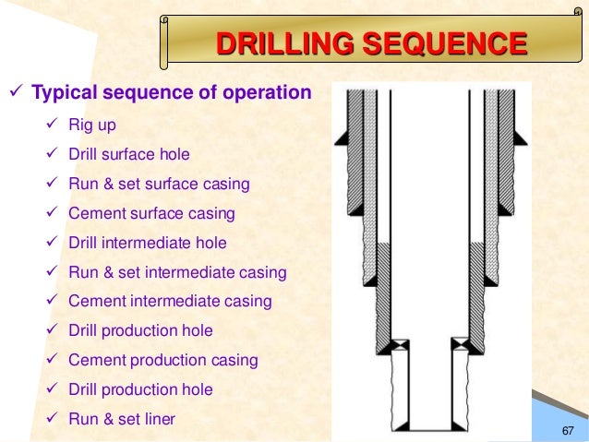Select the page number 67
coord(568,432)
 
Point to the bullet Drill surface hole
coord(128,154)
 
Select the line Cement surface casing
coord(151,213)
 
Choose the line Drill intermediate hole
coord(148,243)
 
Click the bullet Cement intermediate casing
coord(169,302)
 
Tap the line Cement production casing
coord(163,361)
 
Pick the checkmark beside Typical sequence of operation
coord(16,93)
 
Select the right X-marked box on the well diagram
coord(459,343)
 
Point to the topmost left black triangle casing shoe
coord(341,137)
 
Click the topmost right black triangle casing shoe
coord(518,137)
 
